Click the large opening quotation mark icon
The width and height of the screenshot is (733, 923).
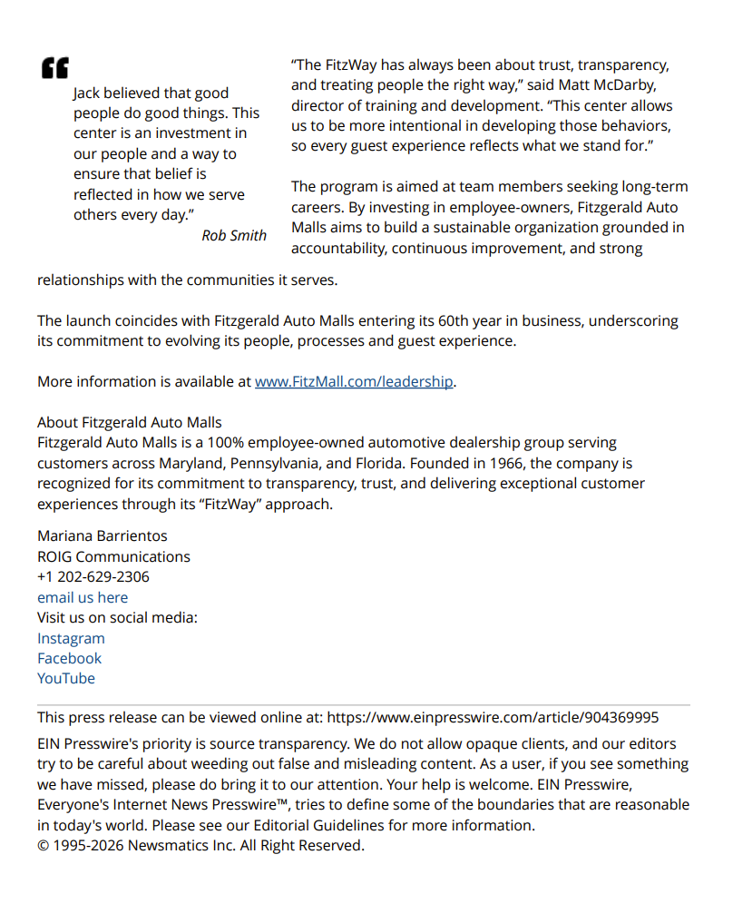(54, 68)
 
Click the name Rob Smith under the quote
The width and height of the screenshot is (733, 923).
(234, 235)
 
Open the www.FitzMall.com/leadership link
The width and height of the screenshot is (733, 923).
(353, 381)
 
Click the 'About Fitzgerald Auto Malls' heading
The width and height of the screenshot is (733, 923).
(129, 422)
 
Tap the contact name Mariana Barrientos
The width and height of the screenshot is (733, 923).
(102, 535)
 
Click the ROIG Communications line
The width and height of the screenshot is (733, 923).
(113, 556)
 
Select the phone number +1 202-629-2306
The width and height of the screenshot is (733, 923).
(93, 576)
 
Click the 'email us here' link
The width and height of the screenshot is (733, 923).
(82, 597)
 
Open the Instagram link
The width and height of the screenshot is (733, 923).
(71, 638)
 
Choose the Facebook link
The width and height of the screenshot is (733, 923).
(69, 658)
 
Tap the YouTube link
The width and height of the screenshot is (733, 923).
(65, 678)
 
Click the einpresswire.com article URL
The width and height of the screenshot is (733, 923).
(493, 717)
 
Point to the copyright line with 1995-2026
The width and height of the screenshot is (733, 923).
(200, 845)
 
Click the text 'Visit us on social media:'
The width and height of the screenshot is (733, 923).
(117, 617)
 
